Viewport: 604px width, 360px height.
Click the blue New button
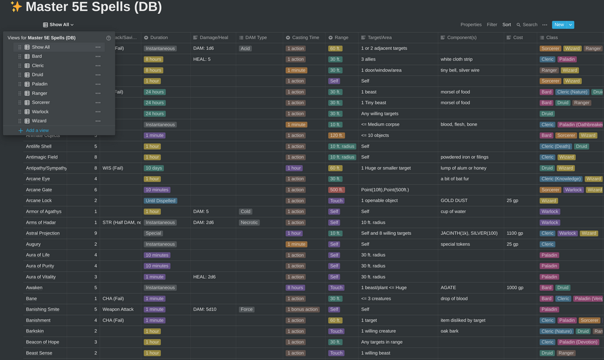(x=559, y=25)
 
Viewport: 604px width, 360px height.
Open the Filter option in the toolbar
(x=492, y=25)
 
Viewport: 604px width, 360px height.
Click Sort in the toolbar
(x=507, y=25)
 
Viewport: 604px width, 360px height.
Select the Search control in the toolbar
(x=526, y=25)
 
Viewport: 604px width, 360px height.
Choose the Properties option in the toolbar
(x=471, y=25)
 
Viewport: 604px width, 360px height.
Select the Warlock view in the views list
(x=40, y=112)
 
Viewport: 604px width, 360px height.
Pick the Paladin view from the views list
(x=40, y=84)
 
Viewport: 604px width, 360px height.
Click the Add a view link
(x=37, y=130)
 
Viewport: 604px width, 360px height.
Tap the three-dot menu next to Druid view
(x=98, y=75)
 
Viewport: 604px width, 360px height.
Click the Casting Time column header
(x=305, y=37)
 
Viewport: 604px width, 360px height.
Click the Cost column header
(x=517, y=37)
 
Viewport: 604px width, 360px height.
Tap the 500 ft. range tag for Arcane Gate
(x=336, y=190)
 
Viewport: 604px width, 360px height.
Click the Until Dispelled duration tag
(x=160, y=201)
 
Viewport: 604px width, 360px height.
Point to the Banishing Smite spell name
(x=43, y=310)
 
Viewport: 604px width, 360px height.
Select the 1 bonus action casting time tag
(x=302, y=310)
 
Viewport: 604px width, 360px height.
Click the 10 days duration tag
(x=154, y=168)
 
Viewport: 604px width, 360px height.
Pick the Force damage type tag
(x=247, y=310)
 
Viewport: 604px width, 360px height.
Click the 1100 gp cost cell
(x=514, y=233)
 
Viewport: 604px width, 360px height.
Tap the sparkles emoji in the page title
(x=16, y=7)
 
